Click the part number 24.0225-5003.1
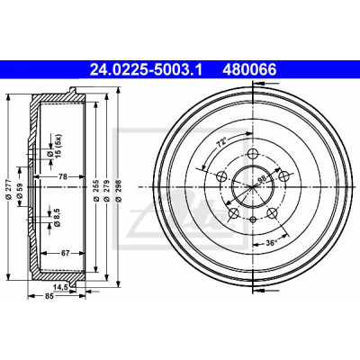(146, 70)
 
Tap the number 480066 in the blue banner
(249, 70)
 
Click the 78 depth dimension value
(62, 176)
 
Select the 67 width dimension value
(66, 253)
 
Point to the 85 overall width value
(49, 296)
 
